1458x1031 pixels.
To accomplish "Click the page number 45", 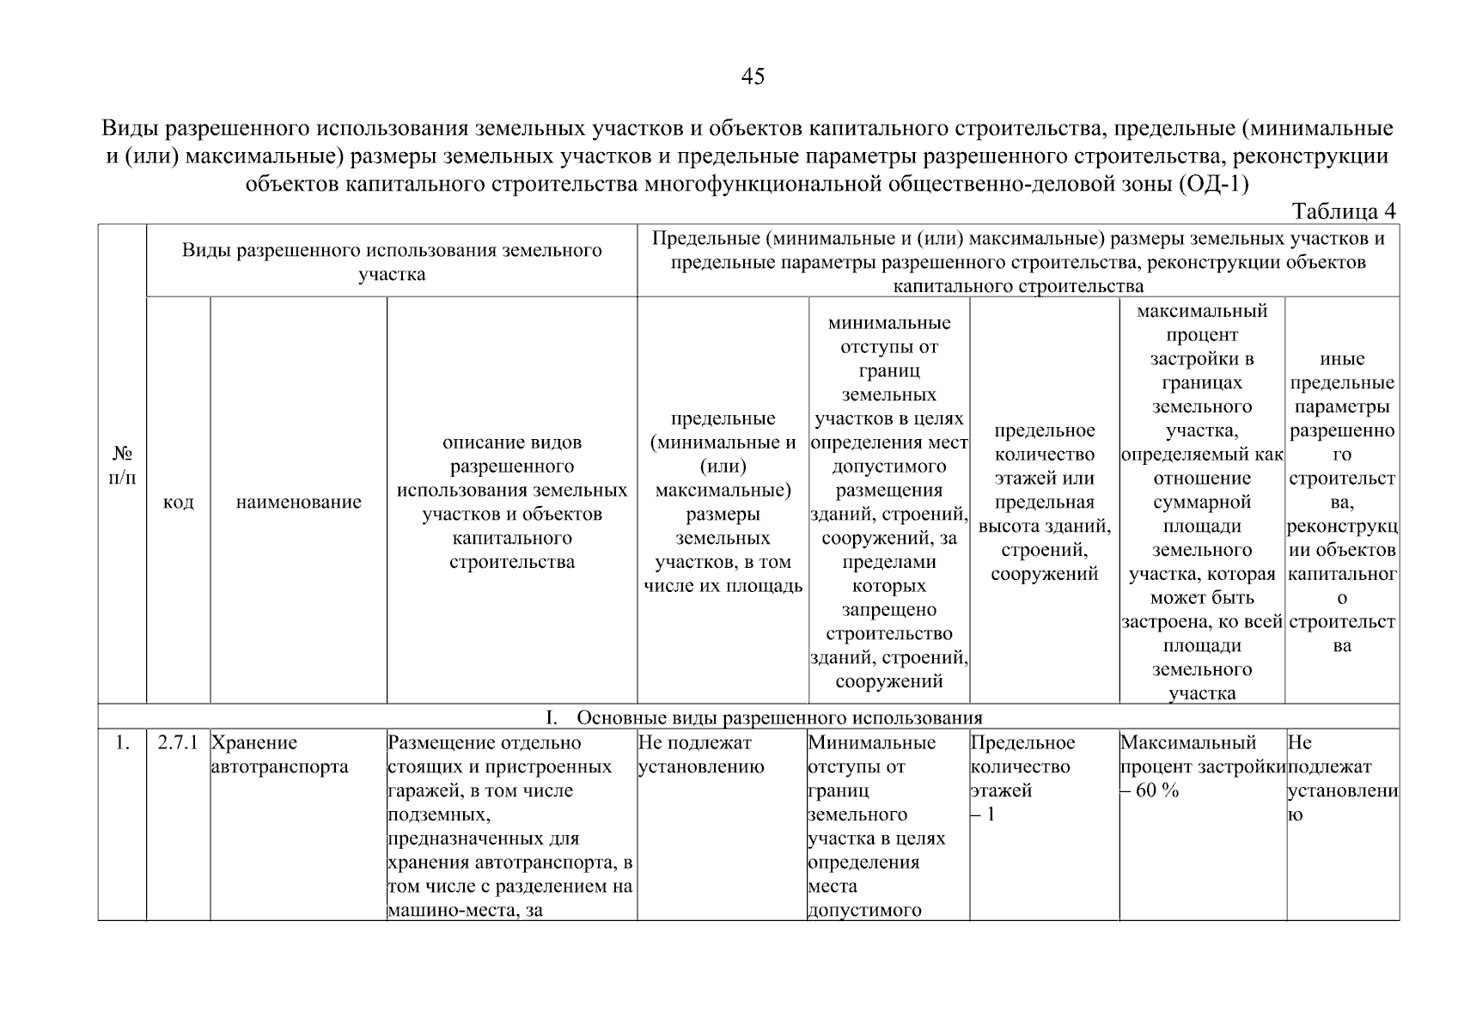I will [x=752, y=77].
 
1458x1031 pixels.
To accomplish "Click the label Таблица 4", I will [x=1344, y=211].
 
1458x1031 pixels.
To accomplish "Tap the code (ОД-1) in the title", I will [x=1213, y=184].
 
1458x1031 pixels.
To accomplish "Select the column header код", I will [x=178, y=503].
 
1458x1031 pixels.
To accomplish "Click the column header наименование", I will [x=298, y=503].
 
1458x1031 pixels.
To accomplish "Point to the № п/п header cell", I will [x=122, y=465].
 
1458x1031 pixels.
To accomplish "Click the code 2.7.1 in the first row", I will [x=178, y=743].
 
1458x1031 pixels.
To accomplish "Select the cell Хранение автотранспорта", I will [x=279, y=754].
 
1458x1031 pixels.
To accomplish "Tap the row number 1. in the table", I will [x=122, y=743].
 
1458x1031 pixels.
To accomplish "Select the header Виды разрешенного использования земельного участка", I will [x=391, y=262].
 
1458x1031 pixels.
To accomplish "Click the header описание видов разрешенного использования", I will [x=511, y=503].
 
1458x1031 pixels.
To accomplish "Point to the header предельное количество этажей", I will [x=1044, y=503].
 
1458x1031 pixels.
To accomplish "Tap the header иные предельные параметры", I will [x=1342, y=503].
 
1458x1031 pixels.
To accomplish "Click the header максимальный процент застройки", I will [x=1201, y=503].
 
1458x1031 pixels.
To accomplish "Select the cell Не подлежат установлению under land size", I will [x=701, y=754].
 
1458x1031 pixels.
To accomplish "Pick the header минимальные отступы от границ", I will [x=888, y=503].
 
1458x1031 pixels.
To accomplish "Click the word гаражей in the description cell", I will [x=420, y=791].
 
